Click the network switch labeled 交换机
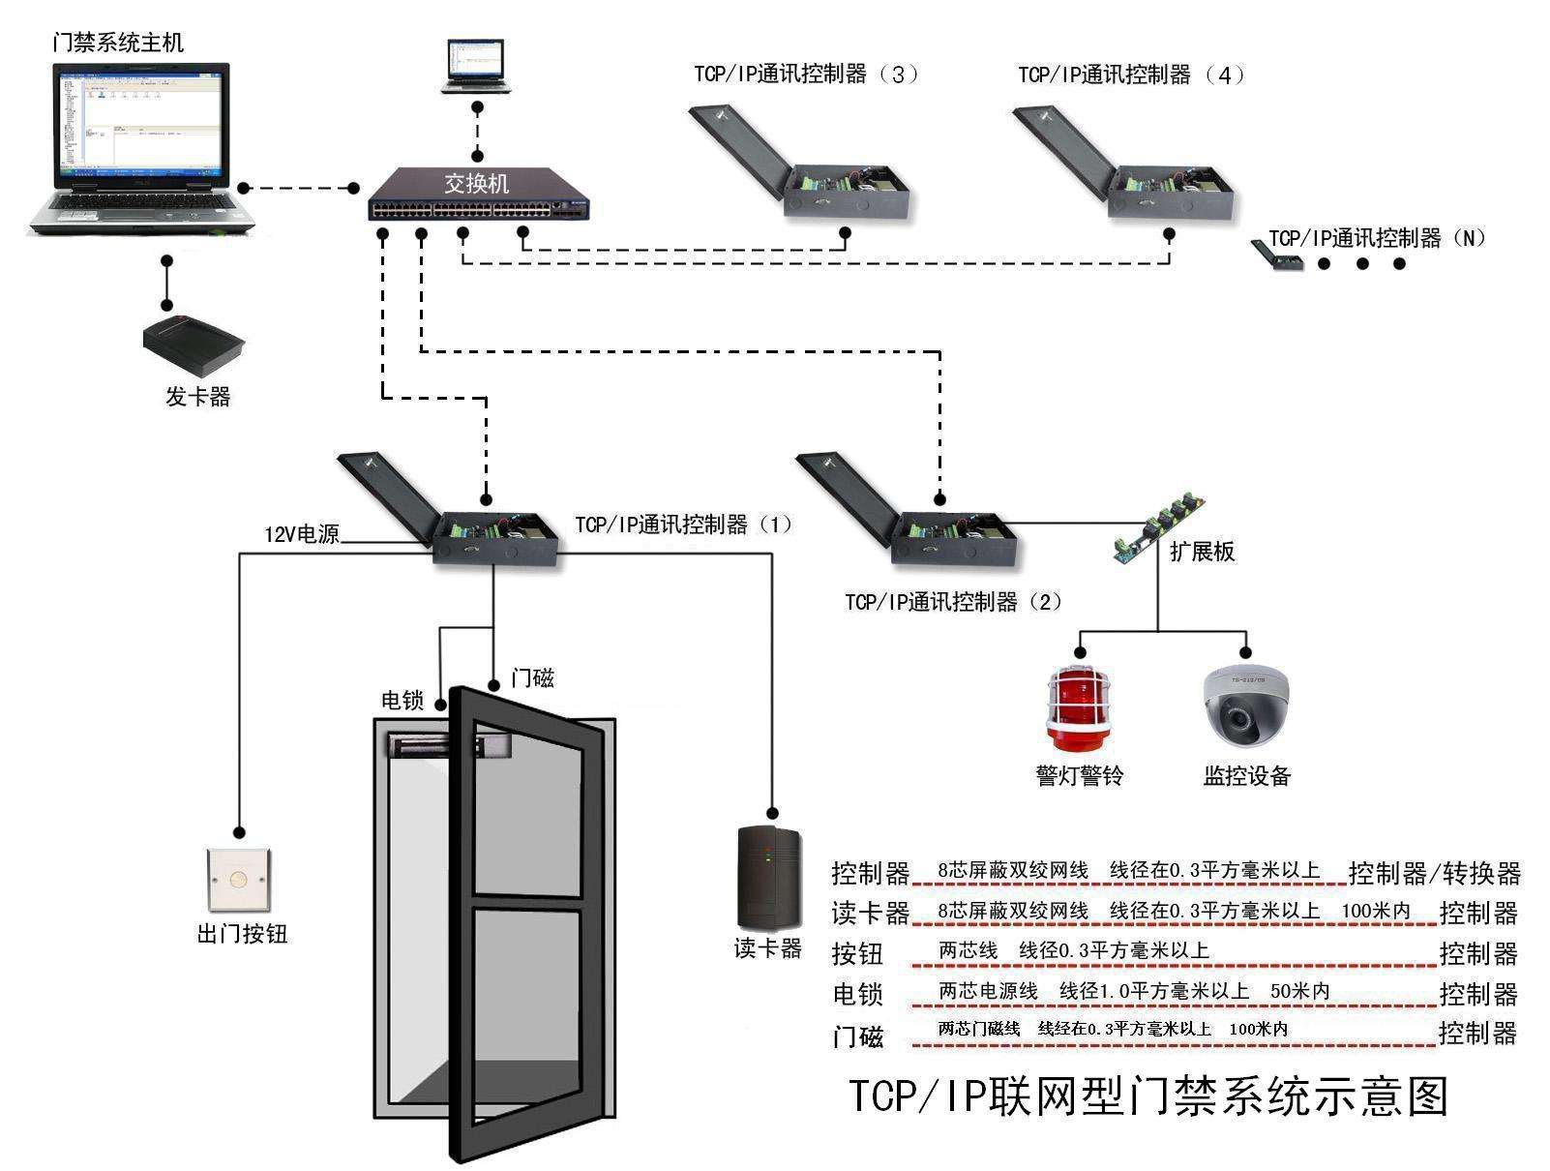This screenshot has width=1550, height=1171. [x=478, y=195]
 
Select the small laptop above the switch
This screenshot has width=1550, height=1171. [x=475, y=66]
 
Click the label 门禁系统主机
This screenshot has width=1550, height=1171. [x=119, y=43]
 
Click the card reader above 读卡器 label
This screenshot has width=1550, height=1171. [x=769, y=877]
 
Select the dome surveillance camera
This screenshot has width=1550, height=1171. [x=1245, y=705]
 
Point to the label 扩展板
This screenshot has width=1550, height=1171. [x=1202, y=552]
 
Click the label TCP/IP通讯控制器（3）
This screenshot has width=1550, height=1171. [x=805, y=75]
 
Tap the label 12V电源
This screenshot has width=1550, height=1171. [x=302, y=534]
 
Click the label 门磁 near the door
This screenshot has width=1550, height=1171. [x=532, y=677]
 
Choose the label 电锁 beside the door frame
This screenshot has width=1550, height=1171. [x=402, y=700]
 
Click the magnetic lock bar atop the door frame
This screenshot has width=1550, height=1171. [x=450, y=745]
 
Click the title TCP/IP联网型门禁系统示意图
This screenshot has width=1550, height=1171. [x=1148, y=1096]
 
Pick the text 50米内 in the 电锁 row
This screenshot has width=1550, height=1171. [x=1299, y=991]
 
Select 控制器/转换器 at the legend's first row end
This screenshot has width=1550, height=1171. [x=1434, y=873]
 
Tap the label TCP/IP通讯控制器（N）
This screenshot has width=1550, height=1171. [x=1377, y=238]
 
